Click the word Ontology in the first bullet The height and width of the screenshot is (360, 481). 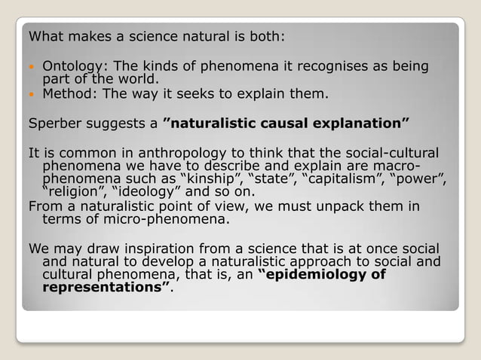(x=69, y=67)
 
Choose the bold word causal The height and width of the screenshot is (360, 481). (x=282, y=122)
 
